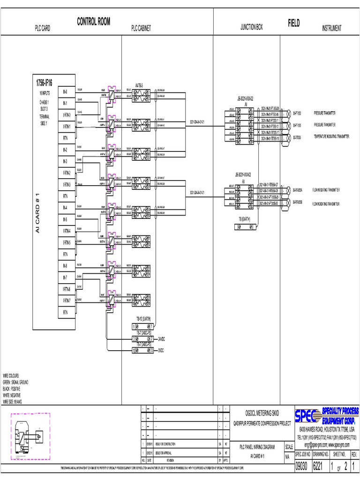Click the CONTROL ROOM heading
pyautogui.click(x=94, y=22)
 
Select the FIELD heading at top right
pyautogui.click(x=294, y=23)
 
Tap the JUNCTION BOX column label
pyautogui.click(x=251, y=28)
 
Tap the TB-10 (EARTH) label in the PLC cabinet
pyautogui.click(x=142, y=319)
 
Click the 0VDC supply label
pyautogui.click(x=162, y=350)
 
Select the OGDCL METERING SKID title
pyautogui.click(x=262, y=412)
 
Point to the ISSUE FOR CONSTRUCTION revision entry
pyautogui.click(x=168, y=443)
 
